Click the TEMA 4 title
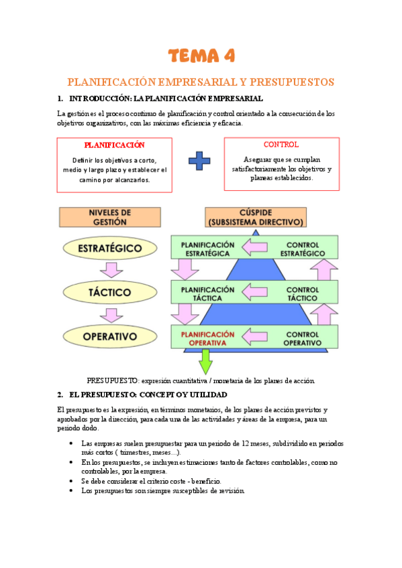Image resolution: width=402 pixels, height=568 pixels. [201, 55]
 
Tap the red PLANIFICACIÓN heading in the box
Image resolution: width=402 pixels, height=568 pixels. [114, 145]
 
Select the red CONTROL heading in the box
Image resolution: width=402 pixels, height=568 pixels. [281, 144]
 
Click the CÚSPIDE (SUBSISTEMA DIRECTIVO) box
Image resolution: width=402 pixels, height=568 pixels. [256, 216]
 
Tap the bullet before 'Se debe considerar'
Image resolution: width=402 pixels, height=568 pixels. [72, 481]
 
